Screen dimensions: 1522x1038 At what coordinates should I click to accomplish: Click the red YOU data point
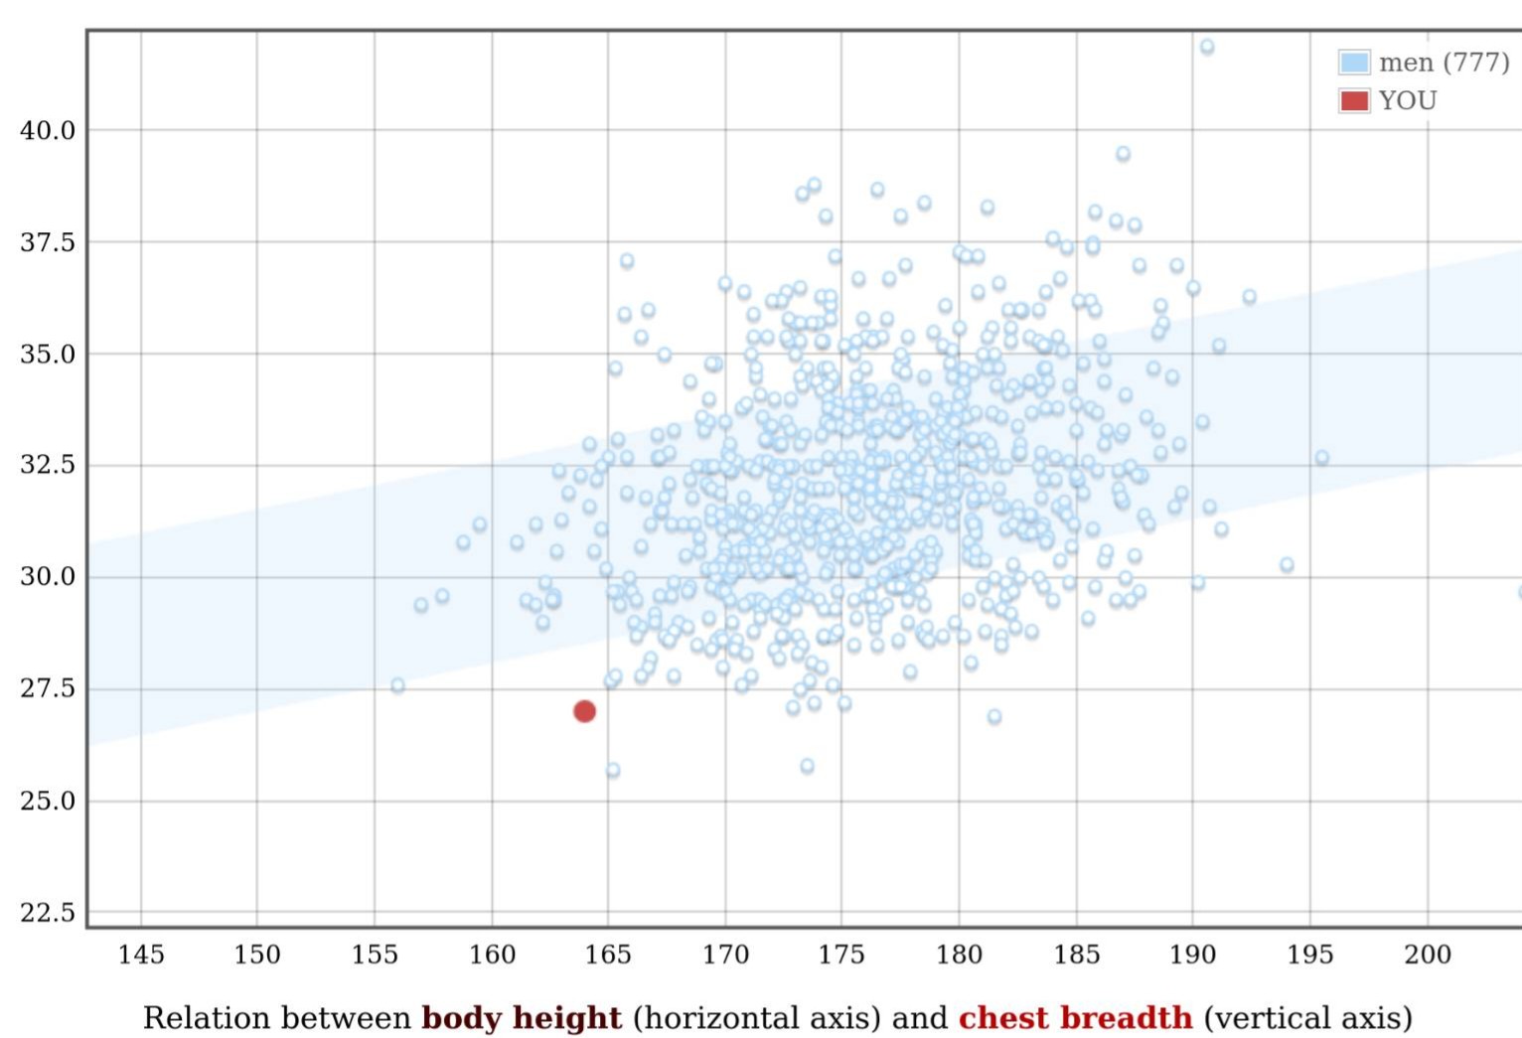pos(584,711)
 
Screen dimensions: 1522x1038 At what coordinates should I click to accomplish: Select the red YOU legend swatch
pos(1354,100)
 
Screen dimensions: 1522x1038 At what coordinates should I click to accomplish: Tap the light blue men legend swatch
pos(1354,62)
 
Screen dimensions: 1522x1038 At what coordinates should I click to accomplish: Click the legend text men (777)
pos(1445,63)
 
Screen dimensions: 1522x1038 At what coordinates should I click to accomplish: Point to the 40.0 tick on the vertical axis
pos(48,130)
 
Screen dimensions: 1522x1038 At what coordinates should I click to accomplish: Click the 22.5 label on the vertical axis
pos(48,912)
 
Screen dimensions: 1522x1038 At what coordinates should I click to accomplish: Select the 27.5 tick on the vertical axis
pos(48,688)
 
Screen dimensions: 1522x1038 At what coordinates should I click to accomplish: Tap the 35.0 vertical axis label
pos(48,354)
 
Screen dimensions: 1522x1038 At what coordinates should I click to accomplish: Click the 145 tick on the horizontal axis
pos(141,955)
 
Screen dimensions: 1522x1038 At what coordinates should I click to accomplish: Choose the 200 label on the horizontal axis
pos(1428,955)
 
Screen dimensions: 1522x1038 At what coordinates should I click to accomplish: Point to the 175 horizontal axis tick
pos(841,955)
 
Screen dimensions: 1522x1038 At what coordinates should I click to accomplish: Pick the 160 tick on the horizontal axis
pos(492,955)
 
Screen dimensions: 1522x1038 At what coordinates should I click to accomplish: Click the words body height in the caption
pos(522,1017)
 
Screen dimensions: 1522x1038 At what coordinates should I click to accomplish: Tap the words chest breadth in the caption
pos(1076,1017)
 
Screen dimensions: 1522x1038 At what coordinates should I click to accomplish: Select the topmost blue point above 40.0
pos(1207,47)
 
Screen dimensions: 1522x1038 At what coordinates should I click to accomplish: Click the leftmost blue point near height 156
pos(397,685)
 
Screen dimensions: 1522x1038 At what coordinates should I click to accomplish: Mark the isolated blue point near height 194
pos(1287,564)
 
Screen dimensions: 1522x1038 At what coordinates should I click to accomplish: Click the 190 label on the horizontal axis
pos(1192,955)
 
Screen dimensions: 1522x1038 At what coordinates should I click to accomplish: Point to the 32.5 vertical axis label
pos(48,465)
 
